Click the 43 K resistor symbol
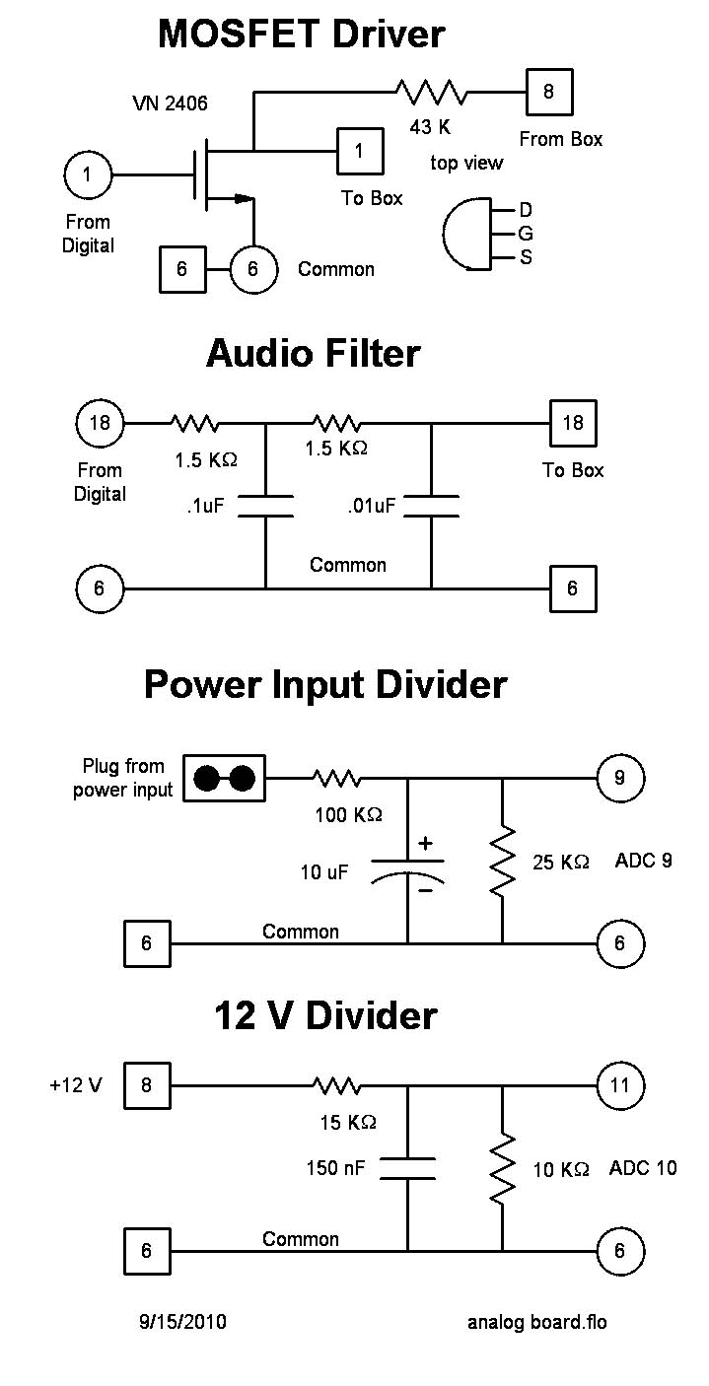pyautogui.click(x=431, y=93)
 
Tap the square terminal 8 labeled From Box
pyautogui.click(x=548, y=93)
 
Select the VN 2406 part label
pyautogui.click(x=170, y=103)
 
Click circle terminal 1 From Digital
pyautogui.click(x=88, y=175)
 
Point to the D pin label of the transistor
pyautogui.click(x=526, y=210)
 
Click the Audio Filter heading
pyautogui.click(x=313, y=353)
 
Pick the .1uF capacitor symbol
pyautogui.click(x=266, y=505)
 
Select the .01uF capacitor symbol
pyautogui.click(x=431, y=505)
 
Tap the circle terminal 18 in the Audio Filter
pyautogui.click(x=100, y=424)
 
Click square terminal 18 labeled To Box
pyautogui.click(x=572, y=424)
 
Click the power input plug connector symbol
pyautogui.click(x=226, y=778)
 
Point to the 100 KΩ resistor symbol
pyautogui.click(x=336, y=778)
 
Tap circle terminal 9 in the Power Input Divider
pyautogui.click(x=619, y=778)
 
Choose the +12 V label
pyautogui.click(x=75, y=1086)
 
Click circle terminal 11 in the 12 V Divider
pyautogui.click(x=619, y=1086)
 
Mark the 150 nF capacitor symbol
pyautogui.click(x=407, y=1168)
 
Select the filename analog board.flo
pyautogui.click(x=536, y=1322)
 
